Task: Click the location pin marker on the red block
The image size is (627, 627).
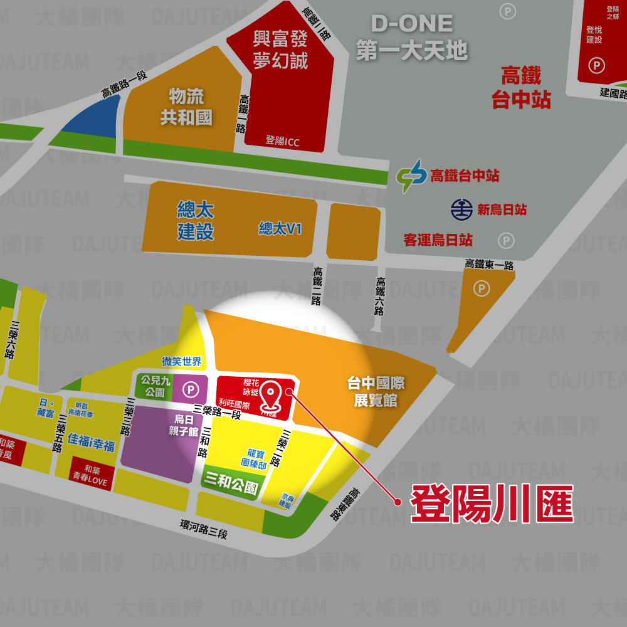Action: pyautogui.click(x=271, y=394)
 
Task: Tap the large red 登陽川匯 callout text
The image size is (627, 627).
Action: pyautogui.click(x=492, y=503)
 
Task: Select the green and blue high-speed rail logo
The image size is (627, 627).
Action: pyautogui.click(x=411, y=176)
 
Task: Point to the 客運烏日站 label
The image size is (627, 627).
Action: pyautogui.click(x=438, y=240)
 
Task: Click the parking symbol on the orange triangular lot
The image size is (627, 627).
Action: pyautogui.click(x=482, y=288)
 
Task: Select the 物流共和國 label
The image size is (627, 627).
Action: pyautogui.click(x=186, y=107)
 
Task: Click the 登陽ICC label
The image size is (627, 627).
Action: pyautogui.click(x=282, y=141)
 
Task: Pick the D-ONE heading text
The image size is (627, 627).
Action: pyautogui.click(x=412, y=24)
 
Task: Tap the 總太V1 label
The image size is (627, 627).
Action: pyautogui.click(x=280, y=229)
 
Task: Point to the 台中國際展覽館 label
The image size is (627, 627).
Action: pyautogui.click(x=376, y=391)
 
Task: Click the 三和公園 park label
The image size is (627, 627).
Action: pyautogui.click(x=231, y=483)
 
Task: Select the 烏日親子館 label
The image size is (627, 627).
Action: pyautogui.click(x=183, y=426)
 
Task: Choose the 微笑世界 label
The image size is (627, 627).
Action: pyautogui.click(x=182, y=361)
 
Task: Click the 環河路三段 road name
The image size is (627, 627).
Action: pyautogui.click(x=203, y=529)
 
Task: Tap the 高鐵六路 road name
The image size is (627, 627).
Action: pyautogui.click(x=380, y=297)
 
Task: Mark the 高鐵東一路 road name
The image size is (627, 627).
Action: pyautogui.click(x=489, y=265)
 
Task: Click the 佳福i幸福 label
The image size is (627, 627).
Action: pyautogui.click(x=92, y=446)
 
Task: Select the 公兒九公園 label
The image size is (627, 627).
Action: pyautogui.click(x=155, y=386)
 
